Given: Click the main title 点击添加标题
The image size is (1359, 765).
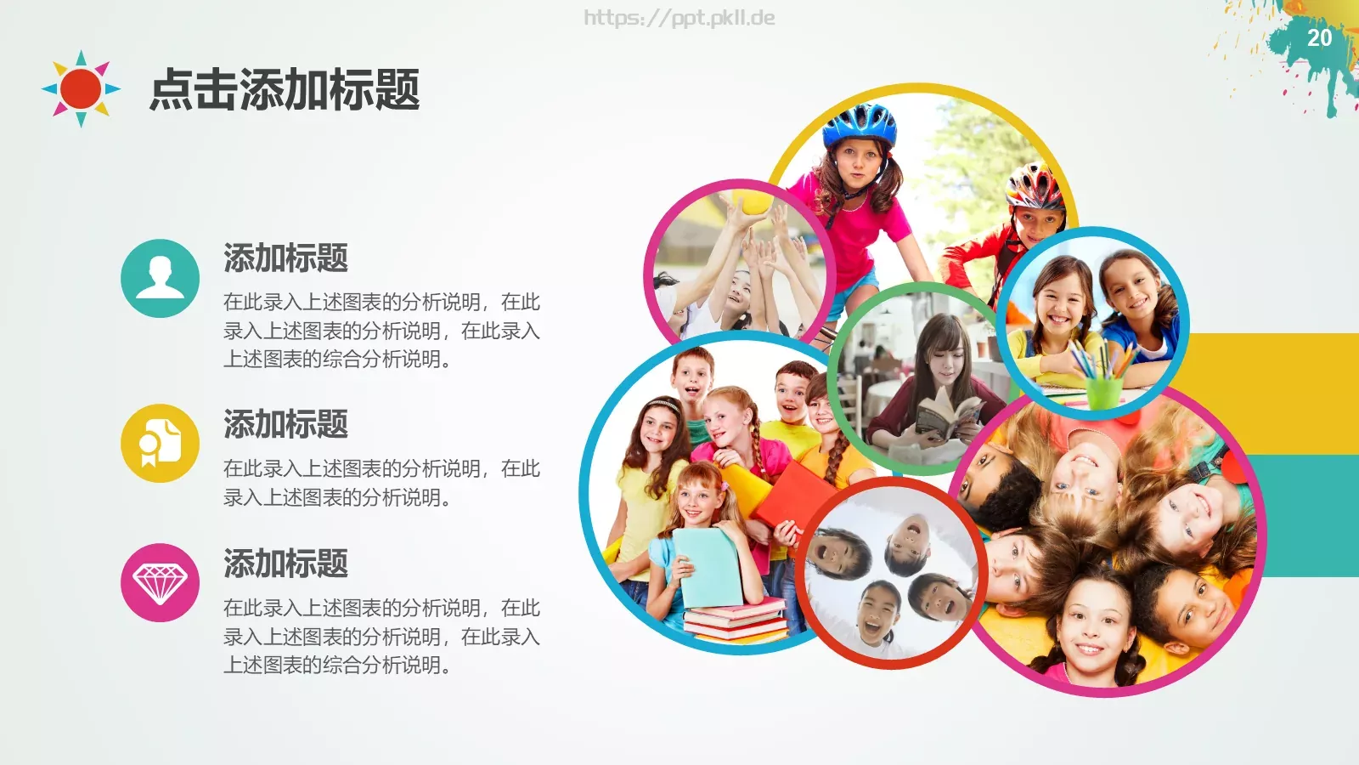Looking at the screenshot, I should pyautogui.click(x=285, y=90).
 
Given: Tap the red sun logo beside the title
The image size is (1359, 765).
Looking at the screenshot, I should pyautogui.click(x=81, y=88).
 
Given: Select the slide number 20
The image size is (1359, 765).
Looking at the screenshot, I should pyautogui.click(x=1319, y=38).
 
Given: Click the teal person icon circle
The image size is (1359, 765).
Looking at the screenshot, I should pyautogui.click(x=160, y=278).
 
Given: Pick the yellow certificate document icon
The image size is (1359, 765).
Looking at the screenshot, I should pyautogui.click(x=160, y=443).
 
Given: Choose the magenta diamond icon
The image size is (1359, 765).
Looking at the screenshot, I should pyautogui.click(x=160, y=582).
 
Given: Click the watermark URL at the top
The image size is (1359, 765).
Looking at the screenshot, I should pyautogui.click(x=679, y=18).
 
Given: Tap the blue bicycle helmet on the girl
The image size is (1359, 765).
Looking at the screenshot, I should pyautogui.click(x=860, y=124).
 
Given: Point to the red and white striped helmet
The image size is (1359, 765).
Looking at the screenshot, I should pyautogui.click(x=1034, y=186).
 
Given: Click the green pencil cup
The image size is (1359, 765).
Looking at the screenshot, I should pyautogui.click(x=1104, y=391).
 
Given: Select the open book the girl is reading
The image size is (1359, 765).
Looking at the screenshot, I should pyautogui.click(x=947, y=416).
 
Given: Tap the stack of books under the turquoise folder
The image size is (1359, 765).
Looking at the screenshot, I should pyautogui.click(x=736, y=620).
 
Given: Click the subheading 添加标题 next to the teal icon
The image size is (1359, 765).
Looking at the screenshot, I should pyautogui.click(x=285, y=258).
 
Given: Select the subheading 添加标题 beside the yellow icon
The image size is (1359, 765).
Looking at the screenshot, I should pyautogui.click(x=285, y=424).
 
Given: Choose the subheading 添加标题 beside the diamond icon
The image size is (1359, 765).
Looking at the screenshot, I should pyautogui.click(x=285, y=564).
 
